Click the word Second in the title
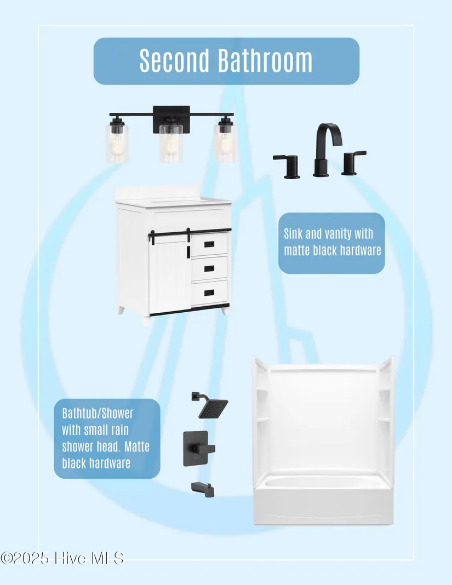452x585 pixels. pyautogui.click(x=174, y=60)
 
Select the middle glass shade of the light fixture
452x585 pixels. pyautogui.click(x=171, y=143)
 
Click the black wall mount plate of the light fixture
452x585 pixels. pyautogui.click(x=171, y=119)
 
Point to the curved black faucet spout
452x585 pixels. pyautogui.click(x=326, y=149)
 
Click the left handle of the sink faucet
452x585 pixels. pyautogui.click(x=288, y=166)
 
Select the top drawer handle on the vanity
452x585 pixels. pyautogui.click(x=209, y=244)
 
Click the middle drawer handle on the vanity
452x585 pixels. pyautogui.click(x=209, y=268)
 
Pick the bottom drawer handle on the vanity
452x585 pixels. pyautogui.click(x=209, y=293)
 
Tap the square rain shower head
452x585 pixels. pyautogui.click(x=213, y=409)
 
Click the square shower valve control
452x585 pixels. pyautogui.click(x=198, y=449)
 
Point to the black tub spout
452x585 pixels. pyautogui.click(x=203, y=490)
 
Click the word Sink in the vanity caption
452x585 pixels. pyautogui.click(x=293, y=234)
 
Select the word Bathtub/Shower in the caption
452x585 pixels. pyautogui.click(x=98, y=414)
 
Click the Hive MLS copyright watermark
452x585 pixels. pyautogui.click(x=62, y=559)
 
